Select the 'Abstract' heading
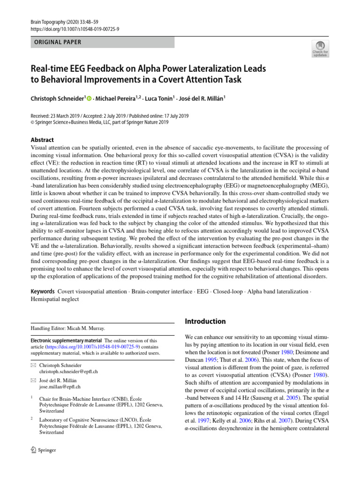coord(42,140)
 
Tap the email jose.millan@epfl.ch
coord(60,387)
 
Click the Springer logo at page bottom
coord(43,450)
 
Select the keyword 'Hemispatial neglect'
coord(55,299)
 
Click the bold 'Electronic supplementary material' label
coord(65,340)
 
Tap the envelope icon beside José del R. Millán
coord(33,380)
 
